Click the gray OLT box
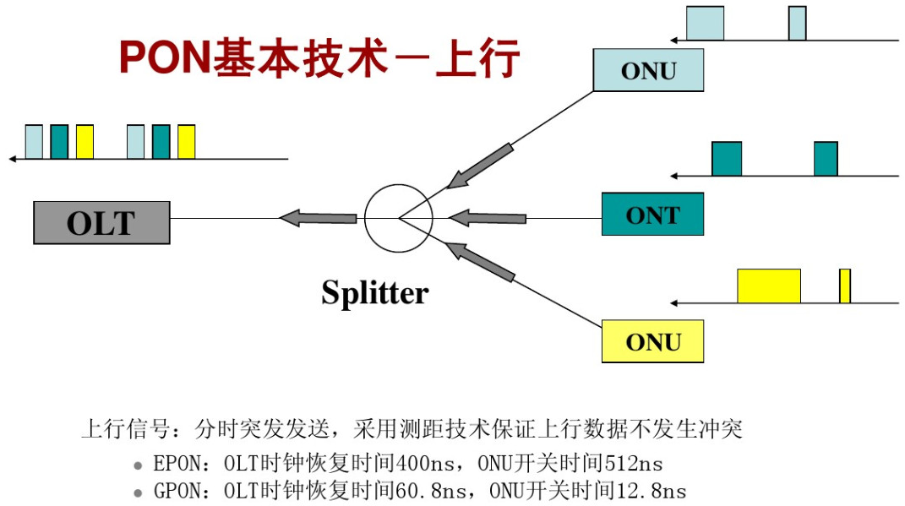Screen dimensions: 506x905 click(101, 223)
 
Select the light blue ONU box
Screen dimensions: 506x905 click(648, 70)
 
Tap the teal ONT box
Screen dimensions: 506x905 click(652, 215)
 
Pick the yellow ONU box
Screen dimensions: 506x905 click(652, 341)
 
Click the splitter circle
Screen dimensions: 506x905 click(398, 218)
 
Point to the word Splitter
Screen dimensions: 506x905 click(375, 293)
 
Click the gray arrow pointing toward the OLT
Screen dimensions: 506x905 click(318, 218)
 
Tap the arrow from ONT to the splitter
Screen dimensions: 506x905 click(488, 218)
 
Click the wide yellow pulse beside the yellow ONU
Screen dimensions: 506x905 click(768, 286)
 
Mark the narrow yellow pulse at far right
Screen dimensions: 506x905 click(844, 286)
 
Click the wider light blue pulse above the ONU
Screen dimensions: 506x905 click(705, 24)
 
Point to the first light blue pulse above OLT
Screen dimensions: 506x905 click(34, 142)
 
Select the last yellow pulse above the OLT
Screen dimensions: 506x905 click(187, 142)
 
